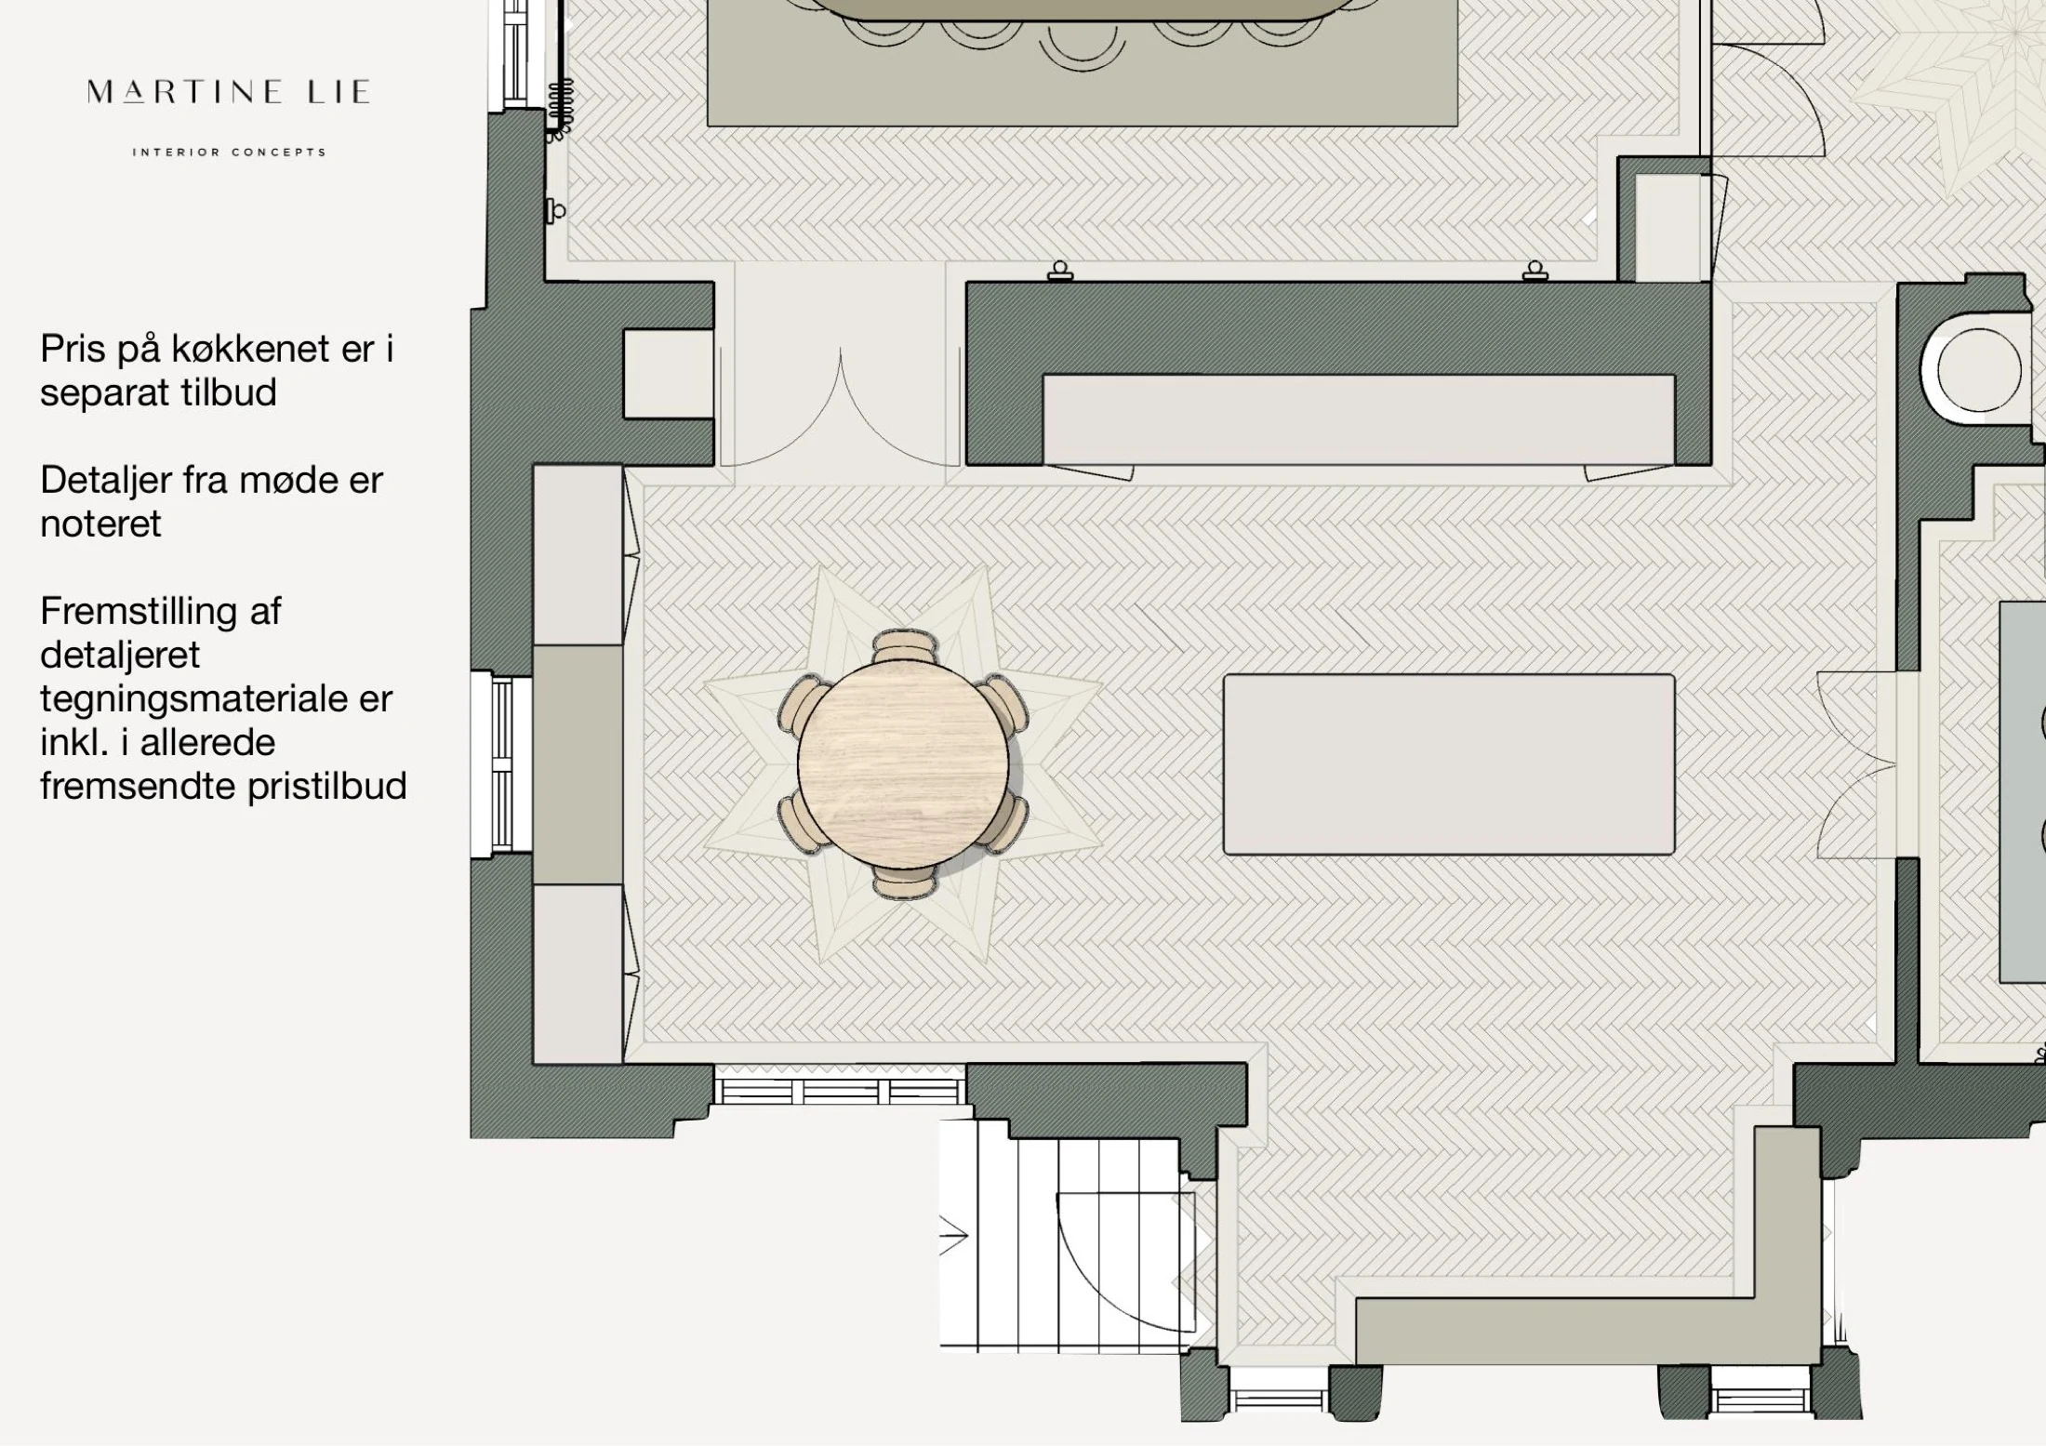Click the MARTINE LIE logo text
[x=229, y=92]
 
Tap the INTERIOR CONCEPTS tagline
[x=230, y=152]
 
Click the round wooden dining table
[x=903, y=763]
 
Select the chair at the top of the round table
[x=905, y=645]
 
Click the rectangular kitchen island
[x=1449, y=764]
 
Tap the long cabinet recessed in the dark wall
[x=1359, y=419]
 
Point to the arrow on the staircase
[x=954, y=1236]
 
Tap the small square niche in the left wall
[x=668, y=374]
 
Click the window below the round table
[x=840, y=1091]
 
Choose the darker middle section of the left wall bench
[x=578, y=764]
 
